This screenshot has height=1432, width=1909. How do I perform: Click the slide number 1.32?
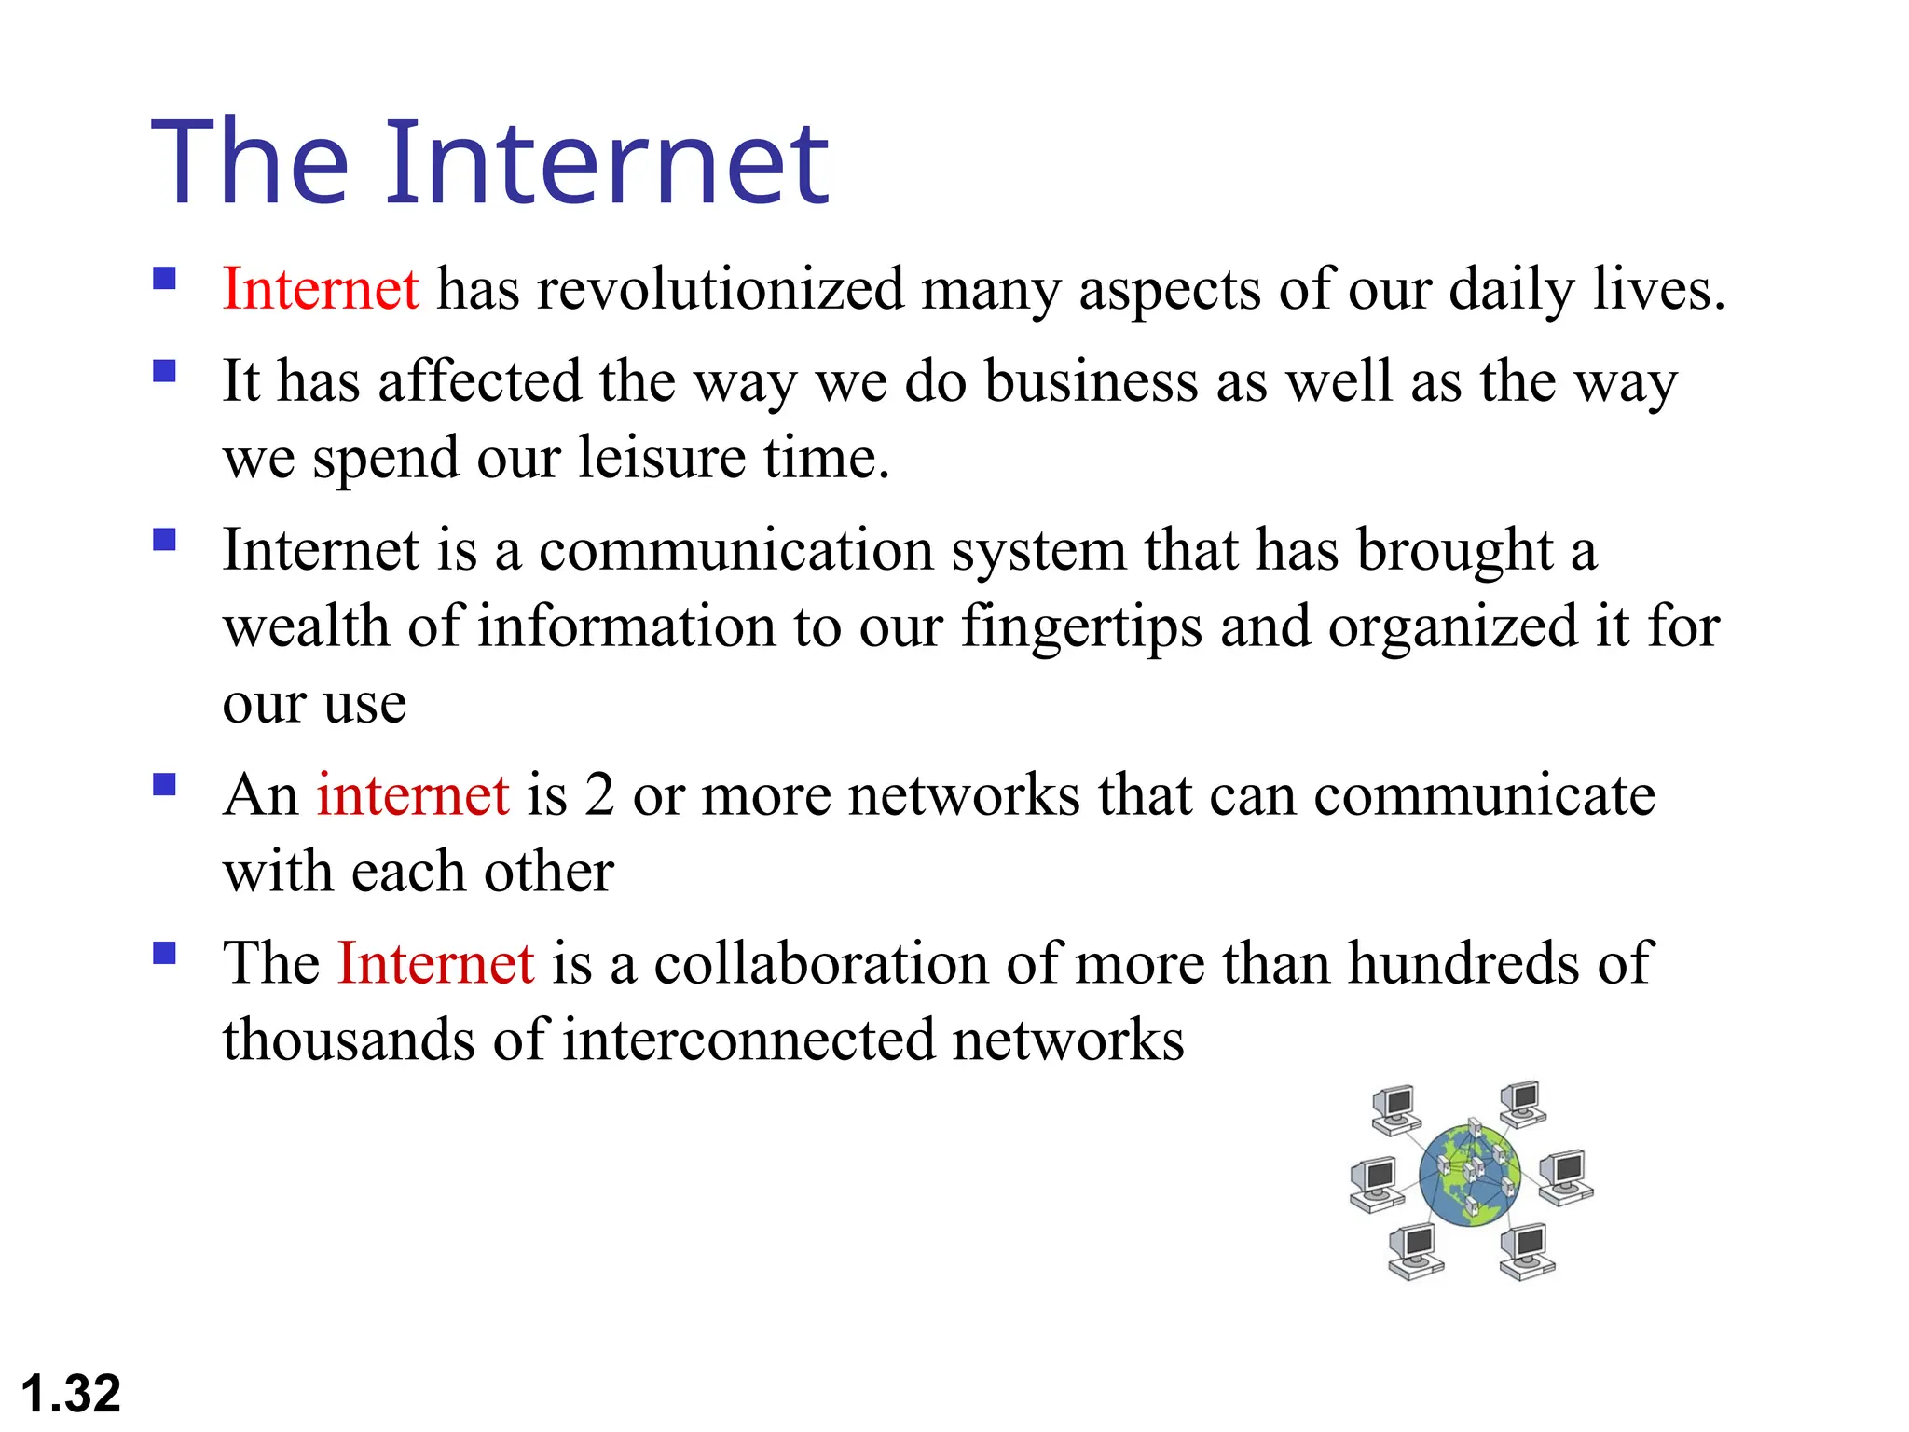tap(71, 1394)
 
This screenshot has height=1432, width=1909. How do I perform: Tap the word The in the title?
tap(250, 163)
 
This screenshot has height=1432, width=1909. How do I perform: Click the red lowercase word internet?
tap(413, 795)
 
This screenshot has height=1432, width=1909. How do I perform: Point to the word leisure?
tap(662, 458)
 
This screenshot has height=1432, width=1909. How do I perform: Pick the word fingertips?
tap(1081, 626)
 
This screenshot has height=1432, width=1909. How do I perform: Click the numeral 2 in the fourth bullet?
tap(599, 795)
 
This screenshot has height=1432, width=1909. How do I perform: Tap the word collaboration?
tap(820, 963)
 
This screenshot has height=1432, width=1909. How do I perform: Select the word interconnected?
tap(748, 1040)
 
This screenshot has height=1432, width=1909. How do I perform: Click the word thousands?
tap(349, 1040)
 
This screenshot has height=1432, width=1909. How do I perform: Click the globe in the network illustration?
tap(1470, 1175)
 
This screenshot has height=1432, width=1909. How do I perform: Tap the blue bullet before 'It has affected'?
tap(165, 372)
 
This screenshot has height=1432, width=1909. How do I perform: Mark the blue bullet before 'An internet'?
tap(165, 785)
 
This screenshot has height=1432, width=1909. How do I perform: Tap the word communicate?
tap(1484, 795)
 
